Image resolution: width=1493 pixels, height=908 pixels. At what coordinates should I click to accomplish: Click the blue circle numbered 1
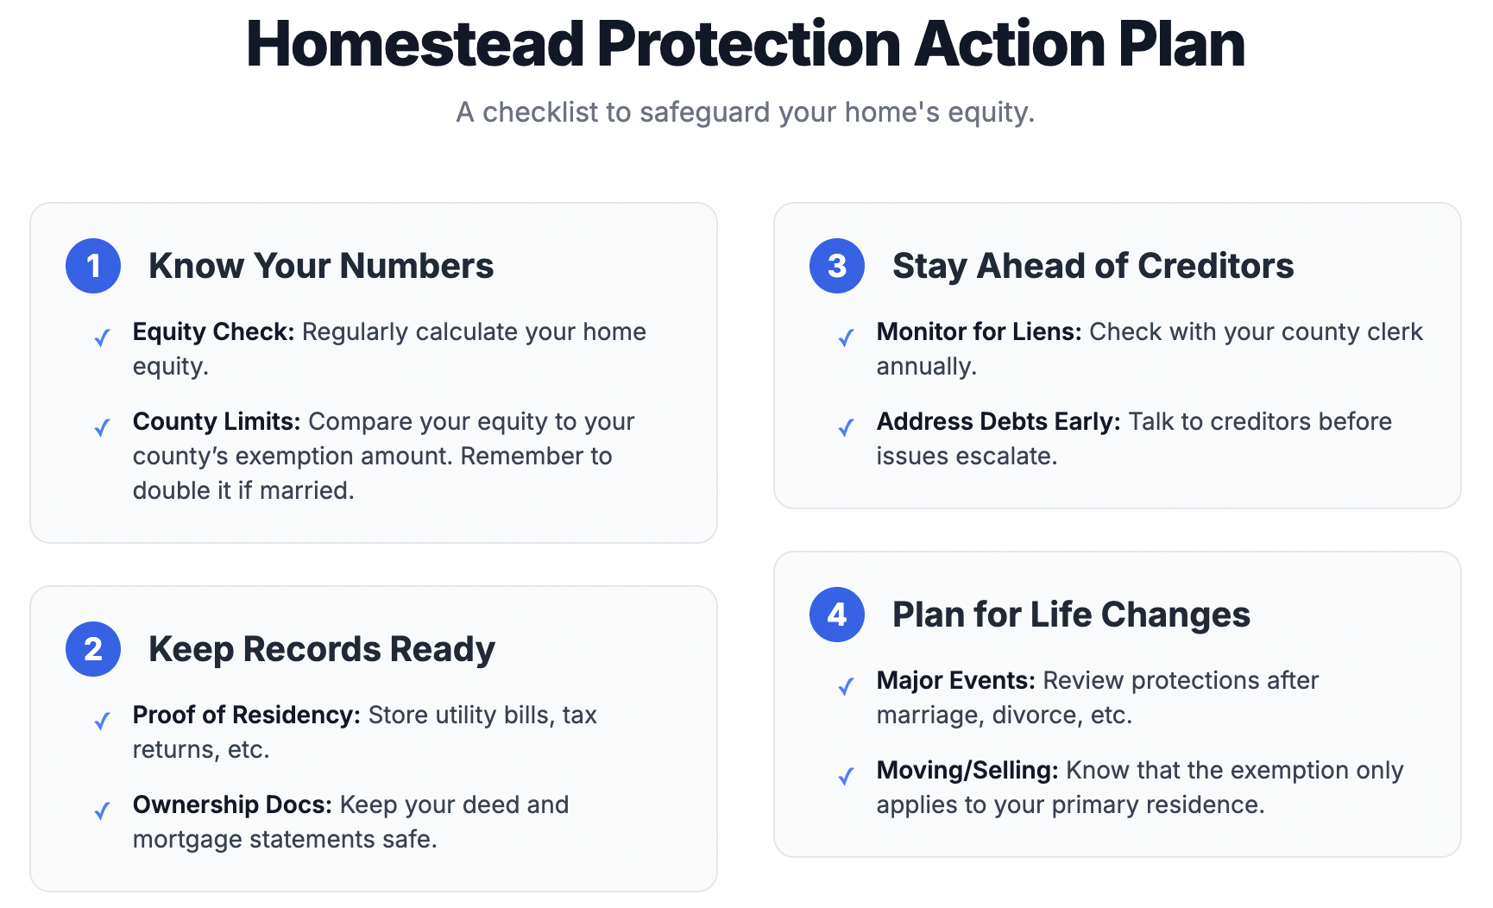93,266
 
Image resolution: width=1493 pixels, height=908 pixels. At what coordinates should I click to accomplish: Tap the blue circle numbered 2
93,649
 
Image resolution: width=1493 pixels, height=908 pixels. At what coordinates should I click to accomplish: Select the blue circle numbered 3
837,266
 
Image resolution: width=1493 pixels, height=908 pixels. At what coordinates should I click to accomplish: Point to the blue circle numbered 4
837,615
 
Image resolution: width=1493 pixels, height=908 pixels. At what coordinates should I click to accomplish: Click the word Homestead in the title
416,44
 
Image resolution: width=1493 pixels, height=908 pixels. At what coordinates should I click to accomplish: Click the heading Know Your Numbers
321,266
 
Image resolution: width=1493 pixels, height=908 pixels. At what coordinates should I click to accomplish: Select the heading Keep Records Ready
322,649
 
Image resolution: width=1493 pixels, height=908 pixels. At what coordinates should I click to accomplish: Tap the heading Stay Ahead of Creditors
1093,266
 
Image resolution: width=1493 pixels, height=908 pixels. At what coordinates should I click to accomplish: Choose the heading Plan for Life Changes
1071,615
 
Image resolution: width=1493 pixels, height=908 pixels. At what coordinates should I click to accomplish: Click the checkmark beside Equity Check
102,337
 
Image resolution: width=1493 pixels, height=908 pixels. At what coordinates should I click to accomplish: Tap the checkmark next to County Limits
102,427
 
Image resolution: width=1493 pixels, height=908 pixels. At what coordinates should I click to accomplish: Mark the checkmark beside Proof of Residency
102,721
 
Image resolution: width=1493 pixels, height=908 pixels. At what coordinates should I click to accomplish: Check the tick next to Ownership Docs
102,810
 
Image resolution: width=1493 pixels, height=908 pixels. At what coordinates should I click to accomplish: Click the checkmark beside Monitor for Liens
846,337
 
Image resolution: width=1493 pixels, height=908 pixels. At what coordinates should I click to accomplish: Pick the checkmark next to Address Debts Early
846,427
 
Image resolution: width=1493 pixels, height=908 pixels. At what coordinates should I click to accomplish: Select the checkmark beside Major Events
846,686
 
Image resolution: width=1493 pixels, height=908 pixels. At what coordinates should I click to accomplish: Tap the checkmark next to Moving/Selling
846,776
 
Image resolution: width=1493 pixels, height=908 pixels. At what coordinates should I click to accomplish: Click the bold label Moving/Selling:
967,771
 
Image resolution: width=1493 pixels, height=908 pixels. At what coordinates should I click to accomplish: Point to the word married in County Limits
306,490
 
